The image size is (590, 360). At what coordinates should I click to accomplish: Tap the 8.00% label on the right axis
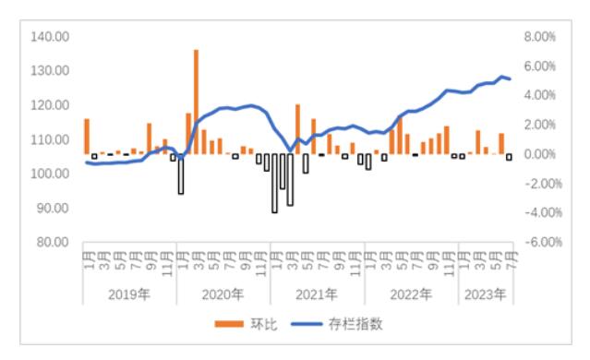click(540, 36)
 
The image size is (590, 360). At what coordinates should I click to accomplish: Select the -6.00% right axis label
click(538, 242)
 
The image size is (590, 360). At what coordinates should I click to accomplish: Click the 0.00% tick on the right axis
click(540, 154)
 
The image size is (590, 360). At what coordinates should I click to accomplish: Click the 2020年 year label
click(224, 295)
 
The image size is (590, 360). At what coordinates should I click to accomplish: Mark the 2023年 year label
click(484, 295)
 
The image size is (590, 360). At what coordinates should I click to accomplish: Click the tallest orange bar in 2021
click(297, 129)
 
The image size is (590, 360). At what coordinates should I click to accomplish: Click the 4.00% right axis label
click(540, 94)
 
